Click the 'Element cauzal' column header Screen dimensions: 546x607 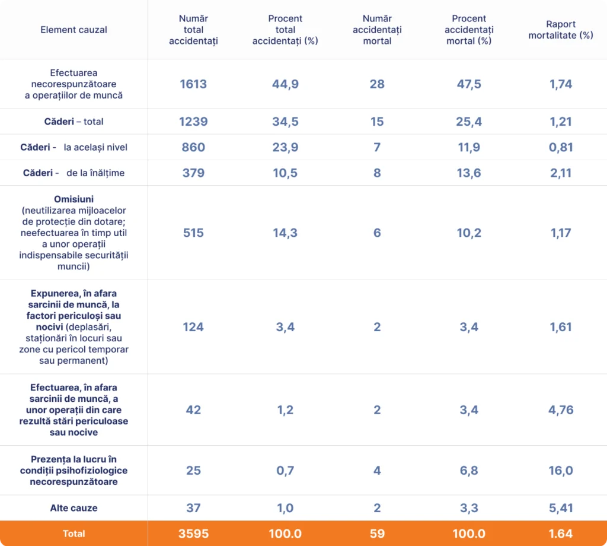[x=74, y=30]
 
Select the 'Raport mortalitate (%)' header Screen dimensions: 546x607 [x=561, y=30]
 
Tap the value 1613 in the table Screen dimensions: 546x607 [x=193, y=84]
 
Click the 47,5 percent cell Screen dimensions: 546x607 [x=469, y=84]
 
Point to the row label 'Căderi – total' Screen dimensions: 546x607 [x=74, y=122]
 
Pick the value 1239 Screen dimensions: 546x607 [x=193, y=122]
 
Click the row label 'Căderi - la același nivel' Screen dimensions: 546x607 [x=74, y=147]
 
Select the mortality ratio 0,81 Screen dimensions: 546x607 [x=561, y=147]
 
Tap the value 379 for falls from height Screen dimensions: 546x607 [x=193, y=173]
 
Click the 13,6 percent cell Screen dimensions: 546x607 [x=469, y=173]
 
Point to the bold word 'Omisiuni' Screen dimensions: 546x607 [x=74, y=199]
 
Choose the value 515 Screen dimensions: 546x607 [x=193, y=233]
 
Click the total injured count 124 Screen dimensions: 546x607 [x=193, y=327]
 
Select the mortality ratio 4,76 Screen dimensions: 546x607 [x=561, y=409]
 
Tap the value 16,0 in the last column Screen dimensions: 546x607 [x=561, y=471]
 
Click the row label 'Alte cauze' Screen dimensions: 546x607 [x=74, y=508]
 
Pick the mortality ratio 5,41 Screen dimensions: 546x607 [x=561, y=508]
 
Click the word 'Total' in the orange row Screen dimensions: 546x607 [x=74, y=534]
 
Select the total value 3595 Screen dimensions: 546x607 [x=193, y=534]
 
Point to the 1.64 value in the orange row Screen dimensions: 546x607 [x=561, y=534]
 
